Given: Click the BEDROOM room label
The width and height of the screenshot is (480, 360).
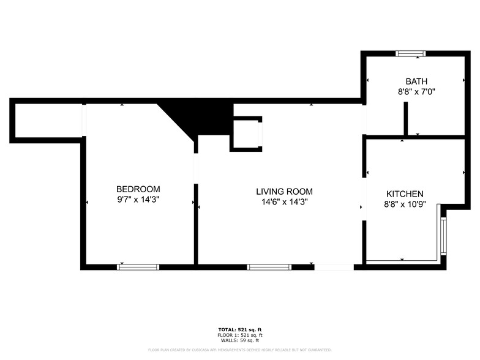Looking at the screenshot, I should [138, 189].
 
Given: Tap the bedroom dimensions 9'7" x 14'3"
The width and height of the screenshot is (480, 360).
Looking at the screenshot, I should [138, 200].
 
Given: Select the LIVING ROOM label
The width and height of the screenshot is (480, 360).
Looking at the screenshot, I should [284, 192].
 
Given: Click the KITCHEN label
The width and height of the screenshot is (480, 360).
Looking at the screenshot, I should [404, 193].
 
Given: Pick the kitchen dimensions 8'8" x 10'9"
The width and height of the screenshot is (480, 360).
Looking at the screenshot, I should [404, 204].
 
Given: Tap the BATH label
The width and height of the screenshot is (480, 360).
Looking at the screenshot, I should [416, 81].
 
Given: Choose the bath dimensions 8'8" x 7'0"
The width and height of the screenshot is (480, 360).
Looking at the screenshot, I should [416, 92].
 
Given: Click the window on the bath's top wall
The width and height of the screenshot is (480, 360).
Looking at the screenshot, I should [411, 54].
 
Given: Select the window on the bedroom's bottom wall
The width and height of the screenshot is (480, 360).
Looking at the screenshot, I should [138, 267].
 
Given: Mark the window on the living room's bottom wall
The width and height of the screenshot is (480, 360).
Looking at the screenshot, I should [269, 267].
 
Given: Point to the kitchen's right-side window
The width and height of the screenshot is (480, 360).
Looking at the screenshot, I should [443, 236].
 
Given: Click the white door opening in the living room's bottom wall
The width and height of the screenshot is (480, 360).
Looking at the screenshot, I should [334, 267].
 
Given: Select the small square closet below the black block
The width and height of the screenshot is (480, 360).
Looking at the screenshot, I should [246, 133].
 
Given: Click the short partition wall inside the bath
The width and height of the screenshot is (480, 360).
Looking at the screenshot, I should [405, 118].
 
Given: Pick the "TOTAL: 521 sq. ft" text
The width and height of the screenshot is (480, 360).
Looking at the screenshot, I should [240, 329].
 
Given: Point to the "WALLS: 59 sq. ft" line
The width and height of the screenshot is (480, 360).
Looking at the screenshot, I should [240, 340].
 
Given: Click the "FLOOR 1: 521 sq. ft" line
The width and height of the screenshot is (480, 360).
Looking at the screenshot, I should [240, 335].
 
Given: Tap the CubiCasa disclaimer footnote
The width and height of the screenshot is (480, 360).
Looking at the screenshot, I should [240, 350].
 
